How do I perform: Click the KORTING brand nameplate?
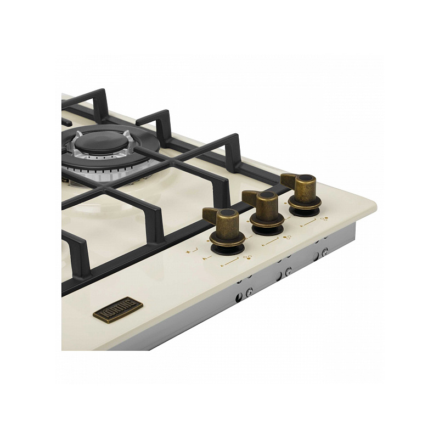(x=118, y=310)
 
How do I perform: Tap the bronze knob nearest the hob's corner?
(x=302, y=193)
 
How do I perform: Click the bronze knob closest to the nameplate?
(x=224, y=229)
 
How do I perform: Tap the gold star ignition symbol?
(x=188, y=252)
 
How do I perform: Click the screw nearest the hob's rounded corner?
(x=325, y=252)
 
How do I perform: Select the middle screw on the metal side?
(x=288, y=271)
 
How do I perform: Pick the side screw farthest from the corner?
(x=249, y=292)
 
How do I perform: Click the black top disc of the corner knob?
(x=307, y=178)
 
